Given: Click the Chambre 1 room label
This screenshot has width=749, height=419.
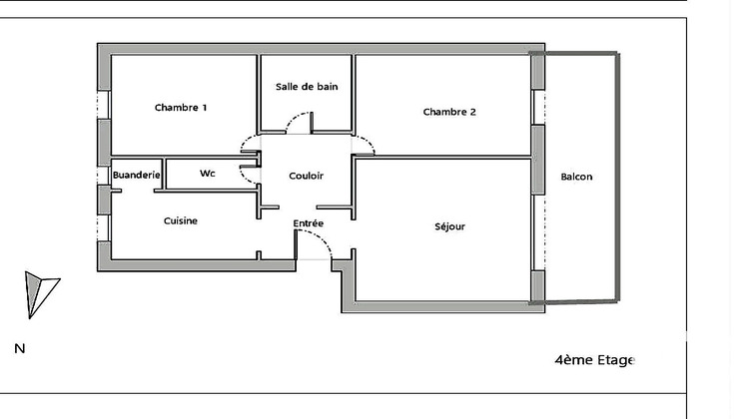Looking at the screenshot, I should coord(181,108).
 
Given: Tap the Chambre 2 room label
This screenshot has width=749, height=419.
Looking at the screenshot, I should coord(449,112).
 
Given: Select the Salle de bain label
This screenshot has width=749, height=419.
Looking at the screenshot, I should coord(307,87).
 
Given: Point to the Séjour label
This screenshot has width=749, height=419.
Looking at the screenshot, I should coord(450,226).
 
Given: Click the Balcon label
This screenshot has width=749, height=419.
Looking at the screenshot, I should coord(576,177).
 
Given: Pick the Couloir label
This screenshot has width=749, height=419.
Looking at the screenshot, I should coord(306,175).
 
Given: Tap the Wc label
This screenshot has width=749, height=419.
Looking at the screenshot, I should coord(208,174).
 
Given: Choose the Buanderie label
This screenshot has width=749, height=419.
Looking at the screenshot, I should coord(137,175).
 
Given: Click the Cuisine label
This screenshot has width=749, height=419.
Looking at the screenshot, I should coord(181,220).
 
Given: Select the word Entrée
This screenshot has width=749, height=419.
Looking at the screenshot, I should coord(308,222).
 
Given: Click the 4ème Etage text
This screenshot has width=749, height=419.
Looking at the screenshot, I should coord(594,360).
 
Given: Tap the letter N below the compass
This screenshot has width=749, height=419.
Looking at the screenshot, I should coord(19,349).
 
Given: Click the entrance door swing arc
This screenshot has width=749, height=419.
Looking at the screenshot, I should coord(318,242).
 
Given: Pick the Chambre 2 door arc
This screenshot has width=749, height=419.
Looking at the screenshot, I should coord(366,145).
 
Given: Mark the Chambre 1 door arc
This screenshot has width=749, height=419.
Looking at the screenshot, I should coord(249,146).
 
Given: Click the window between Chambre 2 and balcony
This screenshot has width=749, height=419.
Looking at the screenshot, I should coord(537,106).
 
